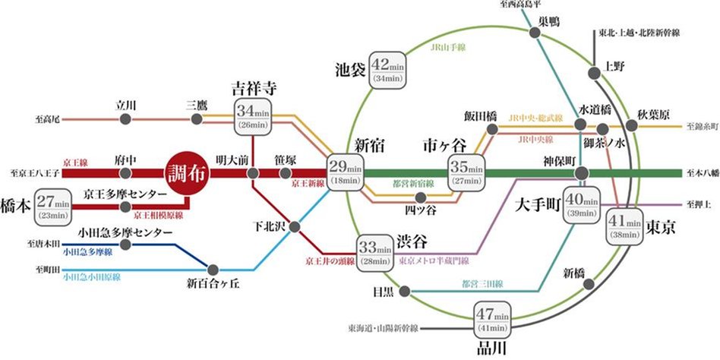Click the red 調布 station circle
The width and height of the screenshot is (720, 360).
(x=186, y=172)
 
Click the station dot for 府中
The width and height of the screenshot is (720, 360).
(x=125, y=173)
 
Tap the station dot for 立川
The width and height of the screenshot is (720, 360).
(x=126, y=119)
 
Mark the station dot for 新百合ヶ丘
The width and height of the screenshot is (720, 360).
(x=213, y=268)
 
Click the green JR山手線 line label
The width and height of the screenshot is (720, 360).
(x=447, y=47)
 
